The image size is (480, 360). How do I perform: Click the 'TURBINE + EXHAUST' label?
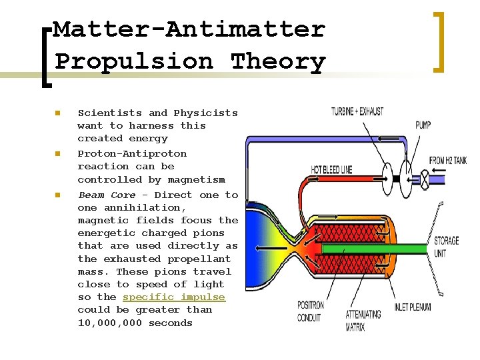357,111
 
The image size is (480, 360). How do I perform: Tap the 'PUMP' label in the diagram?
423,125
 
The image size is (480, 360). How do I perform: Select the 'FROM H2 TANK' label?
447,161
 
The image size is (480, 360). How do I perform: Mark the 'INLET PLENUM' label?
412,307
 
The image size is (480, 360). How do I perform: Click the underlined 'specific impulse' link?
174,297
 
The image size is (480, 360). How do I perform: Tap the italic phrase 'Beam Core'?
107,195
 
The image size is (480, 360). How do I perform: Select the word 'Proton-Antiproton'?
132,153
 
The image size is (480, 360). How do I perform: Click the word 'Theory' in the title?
278,61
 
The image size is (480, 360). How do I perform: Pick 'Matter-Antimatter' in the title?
189,29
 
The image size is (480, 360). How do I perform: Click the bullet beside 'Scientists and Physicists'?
58,113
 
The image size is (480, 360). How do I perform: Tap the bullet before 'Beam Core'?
58,195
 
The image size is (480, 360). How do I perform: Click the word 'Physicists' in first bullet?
205,113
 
